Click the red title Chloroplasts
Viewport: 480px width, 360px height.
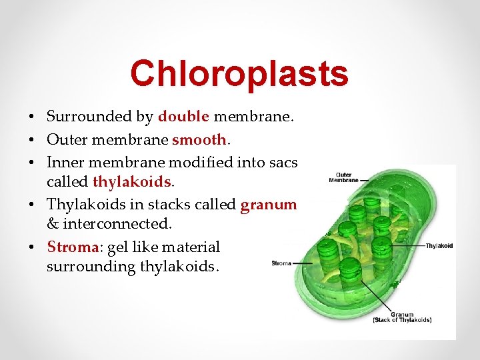click(239, 73)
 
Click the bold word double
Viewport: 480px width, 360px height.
click(183, 117)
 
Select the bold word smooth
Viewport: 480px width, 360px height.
click(199, 139)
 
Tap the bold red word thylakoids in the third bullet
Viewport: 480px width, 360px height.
click(132, 182)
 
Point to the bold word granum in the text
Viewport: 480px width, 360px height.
click(268, 205)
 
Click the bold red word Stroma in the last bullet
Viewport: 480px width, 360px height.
click(72, 247)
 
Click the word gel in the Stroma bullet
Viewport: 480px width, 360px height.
click(115, 247)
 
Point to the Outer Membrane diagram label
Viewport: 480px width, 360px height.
click(343, 178)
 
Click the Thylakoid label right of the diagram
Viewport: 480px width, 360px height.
click(439, 246)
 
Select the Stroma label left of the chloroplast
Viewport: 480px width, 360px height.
click(281, 263)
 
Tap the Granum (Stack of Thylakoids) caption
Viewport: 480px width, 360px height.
click(402, 317)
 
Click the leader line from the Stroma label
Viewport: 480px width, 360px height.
click(303, 263)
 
